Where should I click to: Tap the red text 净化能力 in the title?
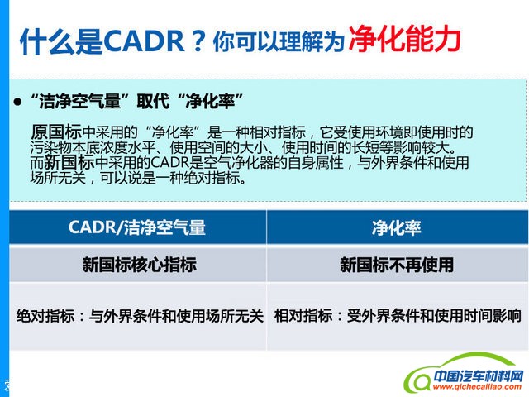404,37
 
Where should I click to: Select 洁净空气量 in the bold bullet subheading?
89,102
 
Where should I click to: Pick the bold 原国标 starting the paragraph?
55,132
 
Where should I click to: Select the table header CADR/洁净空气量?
137,227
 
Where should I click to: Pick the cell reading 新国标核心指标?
138,265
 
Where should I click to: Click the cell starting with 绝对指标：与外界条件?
140,315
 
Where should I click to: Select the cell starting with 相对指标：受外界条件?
398,315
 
